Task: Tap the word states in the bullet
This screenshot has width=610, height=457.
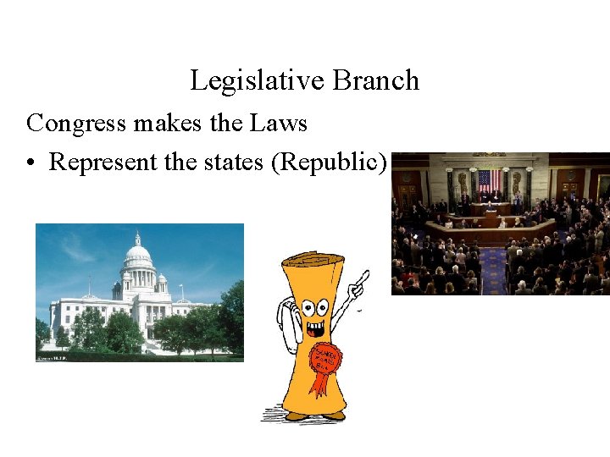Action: pyautogui.click(x=235, y=162)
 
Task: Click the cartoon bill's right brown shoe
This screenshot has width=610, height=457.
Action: pyautogui.click(x=332, y=416)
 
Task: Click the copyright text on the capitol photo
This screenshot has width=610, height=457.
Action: pyautogui.click(x=51, y=358)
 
